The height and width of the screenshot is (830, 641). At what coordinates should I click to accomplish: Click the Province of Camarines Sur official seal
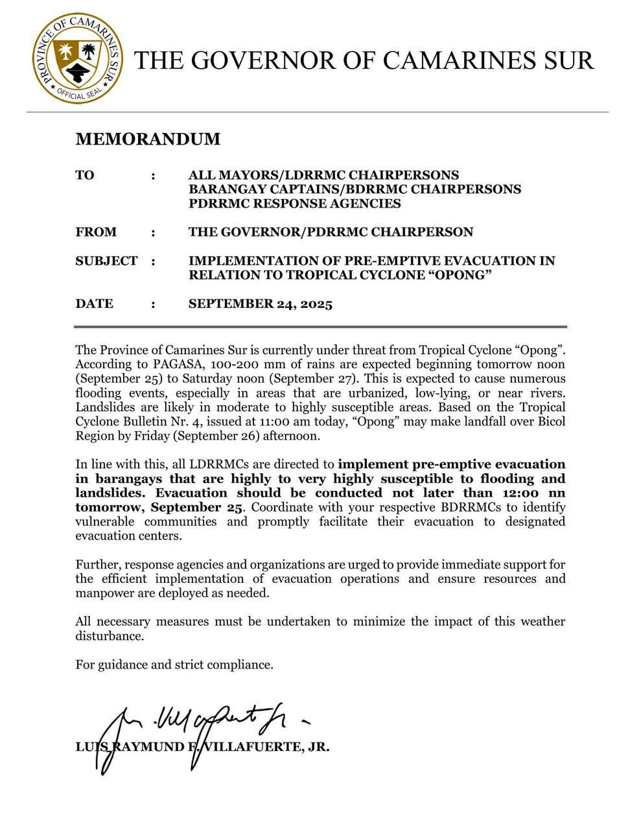(x=77, y=58)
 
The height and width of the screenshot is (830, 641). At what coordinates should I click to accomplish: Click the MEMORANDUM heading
(x=148, y=139)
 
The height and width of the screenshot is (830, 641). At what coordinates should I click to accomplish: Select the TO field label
(x=85, y=175)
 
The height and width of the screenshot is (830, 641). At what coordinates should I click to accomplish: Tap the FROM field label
(x=96, y=232)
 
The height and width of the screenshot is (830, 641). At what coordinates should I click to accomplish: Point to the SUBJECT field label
(x=106, y=261)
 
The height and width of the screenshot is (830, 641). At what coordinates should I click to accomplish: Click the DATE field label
(x=94, y=303)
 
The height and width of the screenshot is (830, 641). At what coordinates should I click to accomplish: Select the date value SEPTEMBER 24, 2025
(x=260, y=304)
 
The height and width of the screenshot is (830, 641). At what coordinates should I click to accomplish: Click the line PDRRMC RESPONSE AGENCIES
(x=294, y=204)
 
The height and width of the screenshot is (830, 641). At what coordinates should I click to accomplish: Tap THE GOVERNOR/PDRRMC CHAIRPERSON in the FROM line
(x=331, y=232)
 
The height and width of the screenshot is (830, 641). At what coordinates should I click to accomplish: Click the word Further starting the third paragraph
(x=97, y=564)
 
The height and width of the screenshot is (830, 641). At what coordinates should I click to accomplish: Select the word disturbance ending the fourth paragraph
(x=109, y=635)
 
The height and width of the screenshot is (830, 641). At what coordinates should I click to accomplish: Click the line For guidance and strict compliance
(x=174, y=664)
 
